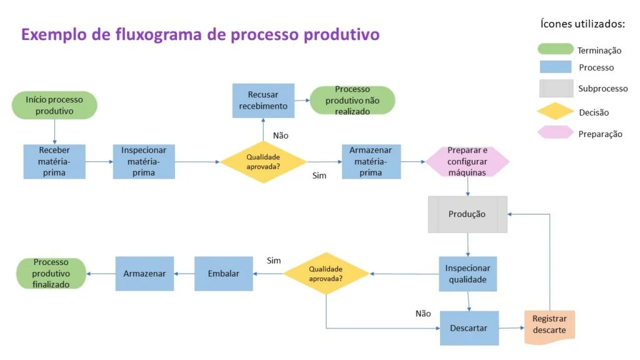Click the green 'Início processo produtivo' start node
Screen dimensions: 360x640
click(x=54, y=106)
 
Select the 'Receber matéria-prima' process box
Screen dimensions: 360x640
click(x=54, y=161)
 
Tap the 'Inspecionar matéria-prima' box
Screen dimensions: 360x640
click(x=144, y=161)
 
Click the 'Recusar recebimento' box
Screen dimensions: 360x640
click(x=263, y=101)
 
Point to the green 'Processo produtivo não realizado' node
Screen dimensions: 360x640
click(x=352, y=101)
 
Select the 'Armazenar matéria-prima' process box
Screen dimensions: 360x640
click(x=371, y=161)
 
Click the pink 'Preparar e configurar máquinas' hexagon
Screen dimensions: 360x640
click(x=467, y=161)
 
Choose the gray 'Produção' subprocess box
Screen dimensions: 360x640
click(x=467, y=214)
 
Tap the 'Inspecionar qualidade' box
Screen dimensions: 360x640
click(x=467, y=274)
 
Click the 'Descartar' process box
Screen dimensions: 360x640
click(x=469, y=327)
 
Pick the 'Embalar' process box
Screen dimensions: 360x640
click(x=224, y=274)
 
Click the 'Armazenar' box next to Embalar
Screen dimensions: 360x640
click(x=144, y=274)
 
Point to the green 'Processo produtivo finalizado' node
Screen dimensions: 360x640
click(x=51, y=274)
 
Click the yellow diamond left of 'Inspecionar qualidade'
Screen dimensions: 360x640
click(x=326, y=274)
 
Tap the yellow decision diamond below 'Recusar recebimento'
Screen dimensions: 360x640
click(x=263, y=161)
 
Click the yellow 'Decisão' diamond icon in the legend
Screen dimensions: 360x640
click(x=556, y=112)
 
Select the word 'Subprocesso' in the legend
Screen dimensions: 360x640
click(x=602, y=89)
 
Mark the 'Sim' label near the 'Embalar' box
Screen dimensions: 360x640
click(x=274, y=259)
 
